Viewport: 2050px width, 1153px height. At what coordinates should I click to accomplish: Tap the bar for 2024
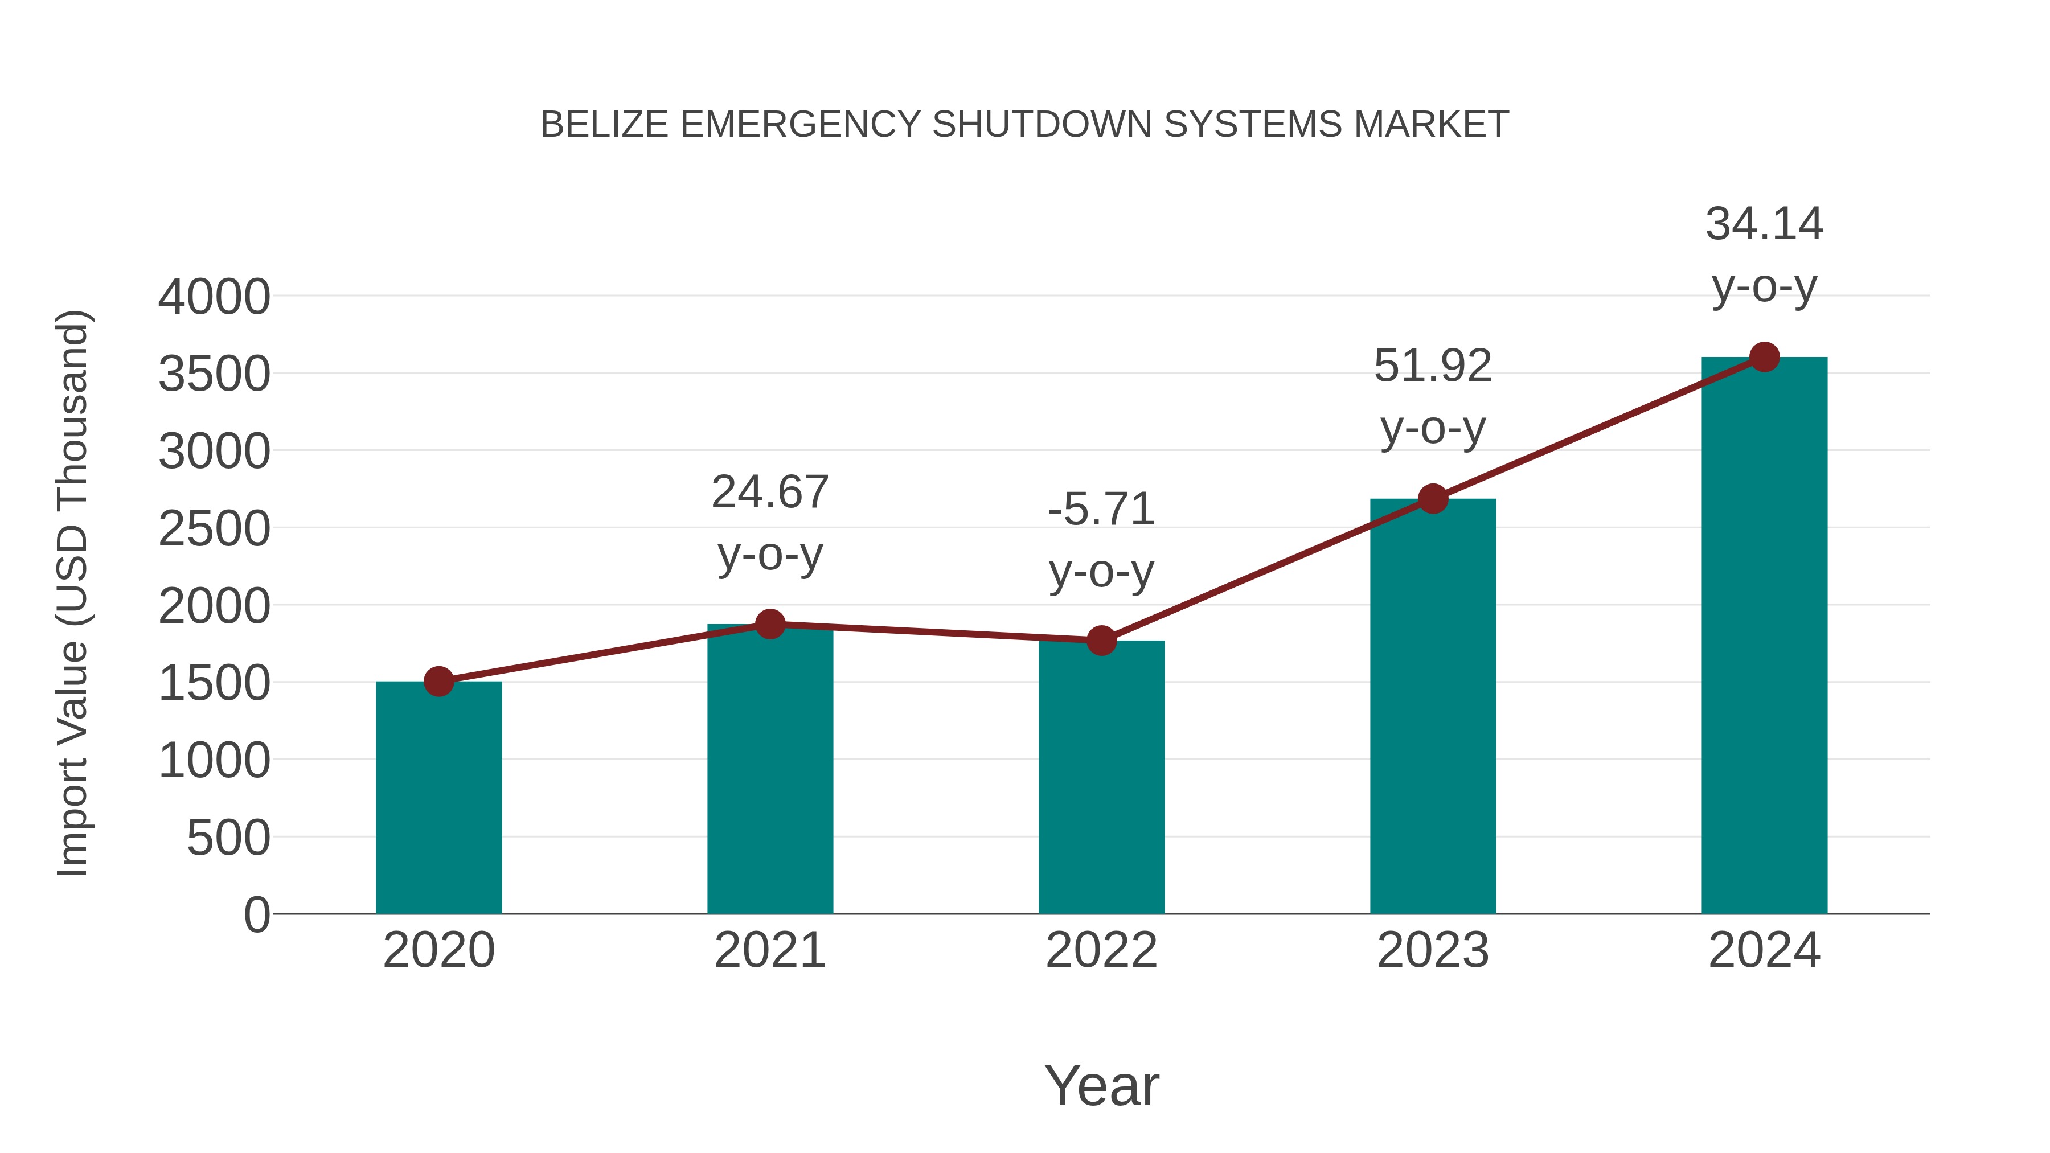click(1764, 636)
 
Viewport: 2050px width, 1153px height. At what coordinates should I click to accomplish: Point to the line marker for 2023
click(1433, 499)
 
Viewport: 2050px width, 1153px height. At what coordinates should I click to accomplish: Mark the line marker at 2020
click(438, 681)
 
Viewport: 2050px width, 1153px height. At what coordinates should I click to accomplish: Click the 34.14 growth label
click(1764, 224)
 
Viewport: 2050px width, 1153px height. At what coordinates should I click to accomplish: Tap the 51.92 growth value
click(1433, 366)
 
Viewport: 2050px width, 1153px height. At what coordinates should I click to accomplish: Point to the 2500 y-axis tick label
click(214, 529)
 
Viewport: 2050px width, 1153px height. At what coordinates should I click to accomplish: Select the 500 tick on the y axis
click(228, 838)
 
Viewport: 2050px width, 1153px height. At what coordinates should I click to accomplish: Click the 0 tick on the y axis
click(257, 914)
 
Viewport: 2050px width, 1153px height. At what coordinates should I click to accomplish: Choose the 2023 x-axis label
click(1433, 950)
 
